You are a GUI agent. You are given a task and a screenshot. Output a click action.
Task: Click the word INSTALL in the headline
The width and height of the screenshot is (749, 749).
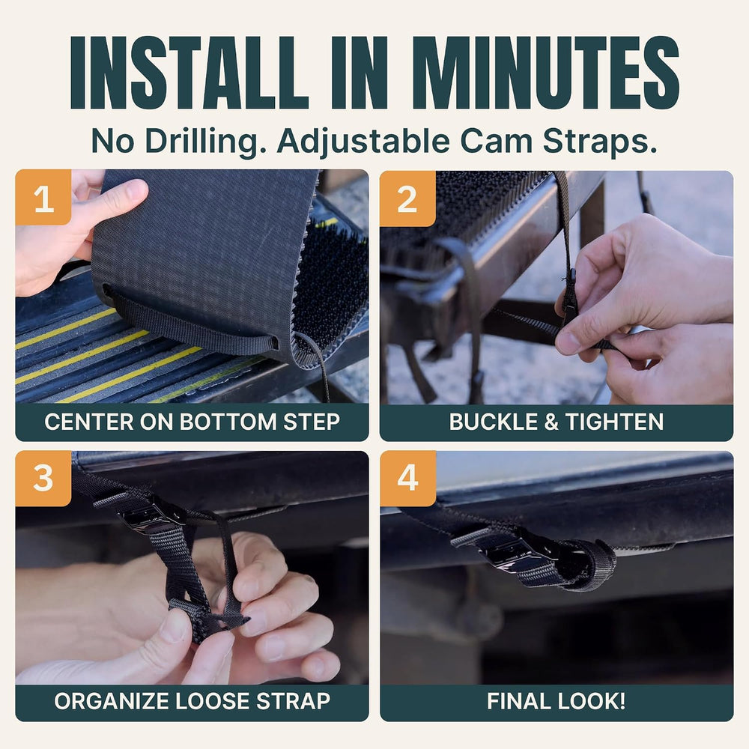coord(189,73)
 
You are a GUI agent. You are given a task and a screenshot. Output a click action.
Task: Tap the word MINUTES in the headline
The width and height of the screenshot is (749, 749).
coord(546,73)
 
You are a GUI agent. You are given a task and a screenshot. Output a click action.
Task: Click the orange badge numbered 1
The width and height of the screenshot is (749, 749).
coord(43,197)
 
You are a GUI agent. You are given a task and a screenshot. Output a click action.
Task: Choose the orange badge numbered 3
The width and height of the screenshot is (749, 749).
coord(43,478)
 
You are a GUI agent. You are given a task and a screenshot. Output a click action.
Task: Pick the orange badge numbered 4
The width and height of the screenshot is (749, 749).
coord(408,478)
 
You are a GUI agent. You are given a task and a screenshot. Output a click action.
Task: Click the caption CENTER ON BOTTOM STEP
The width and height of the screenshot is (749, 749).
coord(192,422)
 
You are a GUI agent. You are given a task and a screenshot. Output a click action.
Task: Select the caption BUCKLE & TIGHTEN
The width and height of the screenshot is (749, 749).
coord(557,422)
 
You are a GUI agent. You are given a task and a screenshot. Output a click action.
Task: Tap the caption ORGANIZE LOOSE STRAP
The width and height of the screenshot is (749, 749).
coord(192,701)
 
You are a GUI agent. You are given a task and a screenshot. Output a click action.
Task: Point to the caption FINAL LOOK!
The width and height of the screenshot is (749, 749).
coord(557,701)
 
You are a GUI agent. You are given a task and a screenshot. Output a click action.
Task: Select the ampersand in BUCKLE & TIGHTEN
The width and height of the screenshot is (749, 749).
coord(551,422)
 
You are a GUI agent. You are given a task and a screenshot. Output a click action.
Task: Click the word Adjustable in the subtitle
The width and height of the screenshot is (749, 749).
coord(363,142)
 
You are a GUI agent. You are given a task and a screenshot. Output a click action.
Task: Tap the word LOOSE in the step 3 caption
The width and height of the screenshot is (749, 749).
coord(216,701)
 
